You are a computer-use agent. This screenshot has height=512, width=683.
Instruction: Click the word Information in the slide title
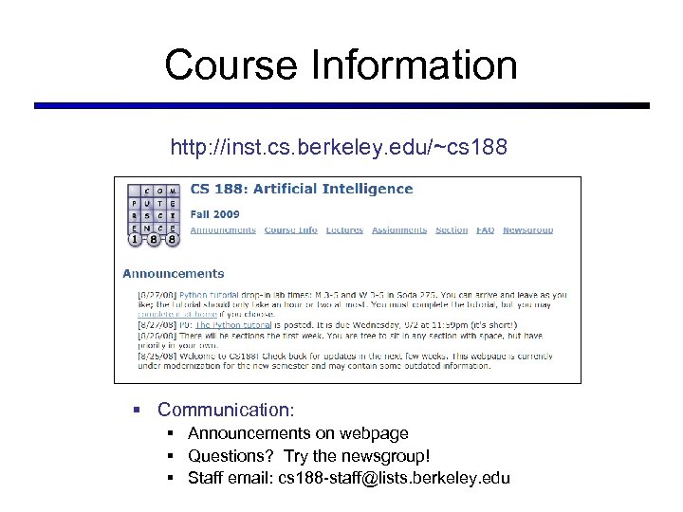(x=427, y=65)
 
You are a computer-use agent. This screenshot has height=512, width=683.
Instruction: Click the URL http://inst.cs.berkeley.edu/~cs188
(x=340, y=148)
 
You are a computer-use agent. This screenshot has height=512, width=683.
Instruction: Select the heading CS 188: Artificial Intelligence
(x=302, y=189)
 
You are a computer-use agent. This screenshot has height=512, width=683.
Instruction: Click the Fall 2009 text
(x=214, y=213)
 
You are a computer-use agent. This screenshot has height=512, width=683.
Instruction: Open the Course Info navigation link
(x=290, y=230)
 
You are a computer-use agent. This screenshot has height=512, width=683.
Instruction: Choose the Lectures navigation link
(x=343, y=230)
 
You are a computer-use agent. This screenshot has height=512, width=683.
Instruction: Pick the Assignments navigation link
(x=398, y=230)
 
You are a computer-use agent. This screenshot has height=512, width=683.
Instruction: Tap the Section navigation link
(x=452, y=230)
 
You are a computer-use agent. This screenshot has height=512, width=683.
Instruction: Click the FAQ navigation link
(x=485, y=230)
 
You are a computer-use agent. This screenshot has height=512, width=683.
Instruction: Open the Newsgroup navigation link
(x=527, y=230)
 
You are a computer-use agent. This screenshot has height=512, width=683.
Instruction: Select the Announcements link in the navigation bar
(x=223, y=230)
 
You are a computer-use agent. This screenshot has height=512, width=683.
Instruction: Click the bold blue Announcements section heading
(x=174, y=274)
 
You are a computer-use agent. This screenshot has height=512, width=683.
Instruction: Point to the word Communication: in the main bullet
(x=227, y=411)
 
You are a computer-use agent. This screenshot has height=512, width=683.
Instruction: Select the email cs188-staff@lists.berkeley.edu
(x=394, y=478)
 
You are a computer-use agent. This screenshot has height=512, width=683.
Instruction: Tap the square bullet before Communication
(x=138, y=411)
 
